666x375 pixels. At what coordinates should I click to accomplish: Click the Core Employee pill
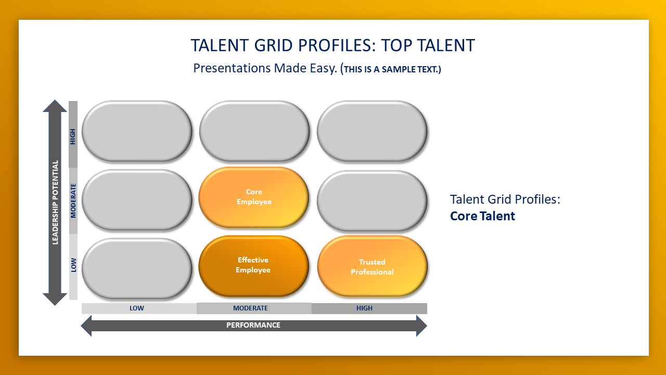pyautogui.click(x=254, y=197)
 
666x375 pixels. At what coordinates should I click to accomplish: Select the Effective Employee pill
pyautogui.click(x=254, y=266)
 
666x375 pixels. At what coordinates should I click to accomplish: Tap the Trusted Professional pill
pyautogui.click(x=372, y=266)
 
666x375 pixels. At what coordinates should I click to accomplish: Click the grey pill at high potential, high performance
pyautogui.click(x=372, y=131)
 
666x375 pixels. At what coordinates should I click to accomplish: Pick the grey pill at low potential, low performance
pyautogui.click(x=137, y=268)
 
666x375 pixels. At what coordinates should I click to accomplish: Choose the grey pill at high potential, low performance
pyautogui.click(x=137, y=131)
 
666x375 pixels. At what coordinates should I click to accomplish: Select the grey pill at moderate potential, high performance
pyautogui.click(x=372, y=201)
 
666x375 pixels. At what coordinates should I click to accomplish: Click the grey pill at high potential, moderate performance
pyautogui.click(x=254, y=131)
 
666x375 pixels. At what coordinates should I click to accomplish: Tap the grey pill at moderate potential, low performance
pyautogui.click(x=137, y=200)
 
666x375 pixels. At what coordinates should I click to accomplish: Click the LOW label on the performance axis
pyautogui.click(x=137, y=308)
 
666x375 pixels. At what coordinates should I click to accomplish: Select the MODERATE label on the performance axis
pyautogui.click(x=250, y=308)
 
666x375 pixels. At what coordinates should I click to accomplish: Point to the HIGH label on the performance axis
pyautogui.click(x=365, y=308)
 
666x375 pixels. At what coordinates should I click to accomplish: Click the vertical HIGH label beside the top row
pyautogui.click(x=73, y=136)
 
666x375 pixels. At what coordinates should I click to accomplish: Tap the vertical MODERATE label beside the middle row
pyautogui.click(x=73, y=201)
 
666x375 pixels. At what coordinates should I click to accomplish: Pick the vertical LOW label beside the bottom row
pyautogui.click(x=73, y=265)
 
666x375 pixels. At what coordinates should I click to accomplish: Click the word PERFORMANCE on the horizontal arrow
pyautogui.click(x=253, y=325)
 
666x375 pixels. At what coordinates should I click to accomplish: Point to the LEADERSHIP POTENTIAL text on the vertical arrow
pyautogui.click(x=55, y=203)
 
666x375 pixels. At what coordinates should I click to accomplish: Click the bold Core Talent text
pyautogui.click(x=482, y=216)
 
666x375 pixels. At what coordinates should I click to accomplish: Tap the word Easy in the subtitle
pyautogui.click(x=324, y=68)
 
